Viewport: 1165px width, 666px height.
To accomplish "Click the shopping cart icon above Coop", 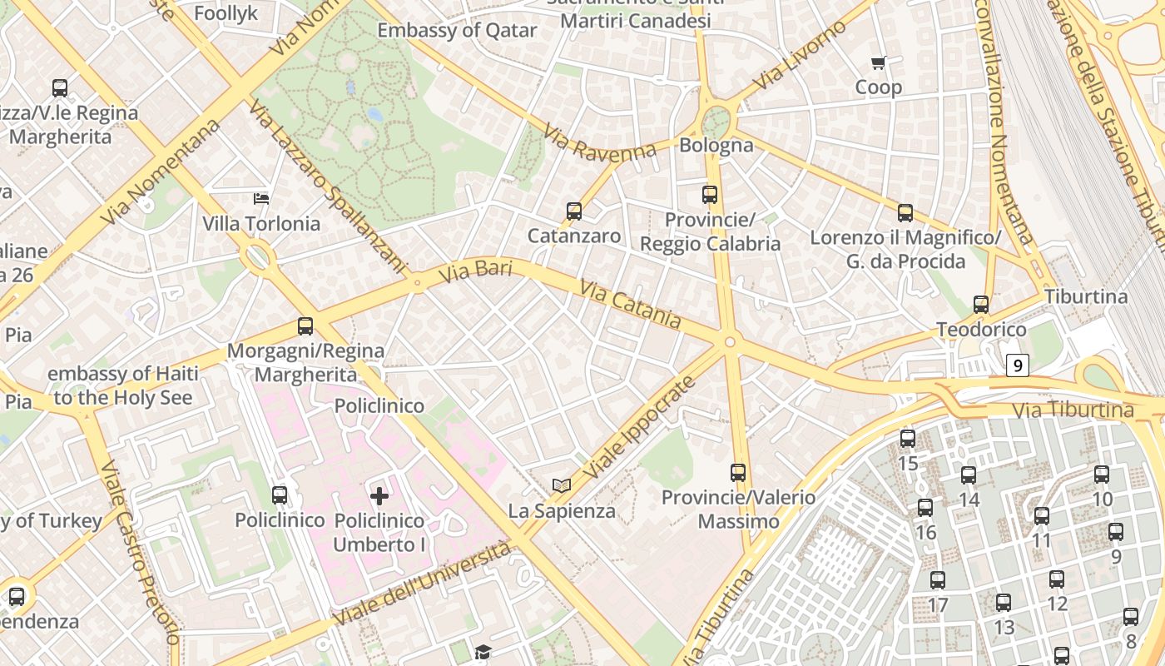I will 878,62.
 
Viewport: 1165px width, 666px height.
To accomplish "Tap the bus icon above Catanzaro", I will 574,211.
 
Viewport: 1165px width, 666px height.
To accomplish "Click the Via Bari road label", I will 473,271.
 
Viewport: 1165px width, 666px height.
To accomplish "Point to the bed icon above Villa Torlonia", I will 261,198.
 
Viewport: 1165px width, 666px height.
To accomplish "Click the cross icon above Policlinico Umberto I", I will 379,497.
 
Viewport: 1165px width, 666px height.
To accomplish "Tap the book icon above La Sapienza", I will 562,485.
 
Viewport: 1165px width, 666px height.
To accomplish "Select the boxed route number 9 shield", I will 1018,365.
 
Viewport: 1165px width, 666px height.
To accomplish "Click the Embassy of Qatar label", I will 457,31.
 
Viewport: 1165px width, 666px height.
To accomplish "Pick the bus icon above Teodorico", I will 981,305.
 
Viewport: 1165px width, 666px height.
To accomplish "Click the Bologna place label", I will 716,145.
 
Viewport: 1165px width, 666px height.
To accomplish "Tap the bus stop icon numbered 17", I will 938,580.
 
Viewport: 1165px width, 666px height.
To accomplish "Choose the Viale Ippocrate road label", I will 638,428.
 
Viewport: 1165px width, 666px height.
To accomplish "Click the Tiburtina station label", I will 1086,296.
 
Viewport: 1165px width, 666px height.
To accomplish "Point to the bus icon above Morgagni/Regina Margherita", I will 305,326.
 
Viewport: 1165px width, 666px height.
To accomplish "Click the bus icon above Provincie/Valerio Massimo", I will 738,473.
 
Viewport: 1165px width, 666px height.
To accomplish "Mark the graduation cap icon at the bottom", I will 483,652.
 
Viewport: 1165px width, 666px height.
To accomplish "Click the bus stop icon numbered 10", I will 1102,475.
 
